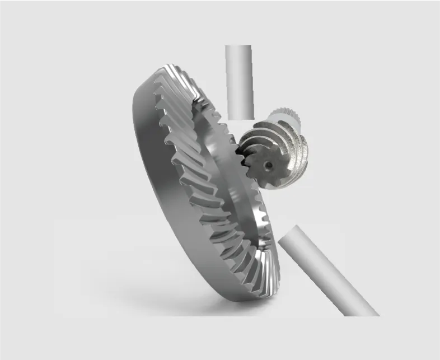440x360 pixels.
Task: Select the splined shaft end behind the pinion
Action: (291, 115)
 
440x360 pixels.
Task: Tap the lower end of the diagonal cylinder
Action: (367, 311)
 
